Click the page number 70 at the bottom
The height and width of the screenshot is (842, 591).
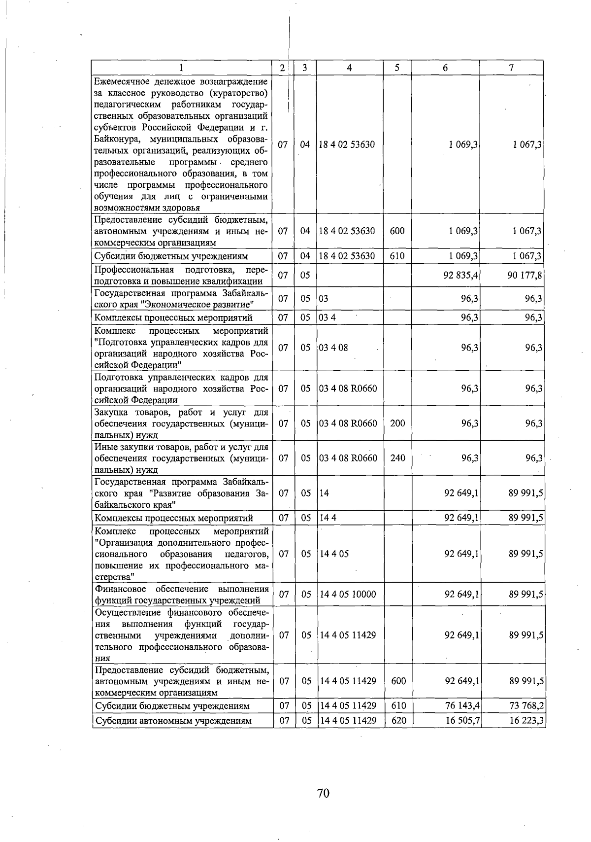point(323,793)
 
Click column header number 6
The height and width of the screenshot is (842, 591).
point(445,68)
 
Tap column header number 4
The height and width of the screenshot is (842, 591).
point(349,68)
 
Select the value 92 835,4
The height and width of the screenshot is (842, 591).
point(461,275)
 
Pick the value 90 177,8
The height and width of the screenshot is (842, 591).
point(525,275)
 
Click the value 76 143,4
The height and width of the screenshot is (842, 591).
point(462,706)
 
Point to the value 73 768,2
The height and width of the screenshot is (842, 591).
point(526,706)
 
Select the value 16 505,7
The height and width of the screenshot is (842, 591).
point(462,721)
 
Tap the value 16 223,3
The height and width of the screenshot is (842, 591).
point(526,721)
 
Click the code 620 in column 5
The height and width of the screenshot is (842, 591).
point(398,721)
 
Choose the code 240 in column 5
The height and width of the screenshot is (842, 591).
point(397,458)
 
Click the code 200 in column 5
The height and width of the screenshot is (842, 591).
point(397,423)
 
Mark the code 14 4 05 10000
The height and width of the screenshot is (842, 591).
point(348,595)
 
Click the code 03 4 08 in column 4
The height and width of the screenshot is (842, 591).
point(333,348)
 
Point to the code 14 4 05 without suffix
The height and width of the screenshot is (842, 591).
point(334,554)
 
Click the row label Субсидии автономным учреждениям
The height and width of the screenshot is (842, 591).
point(173,721)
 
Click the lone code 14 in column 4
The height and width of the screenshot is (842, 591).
point(324,492)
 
